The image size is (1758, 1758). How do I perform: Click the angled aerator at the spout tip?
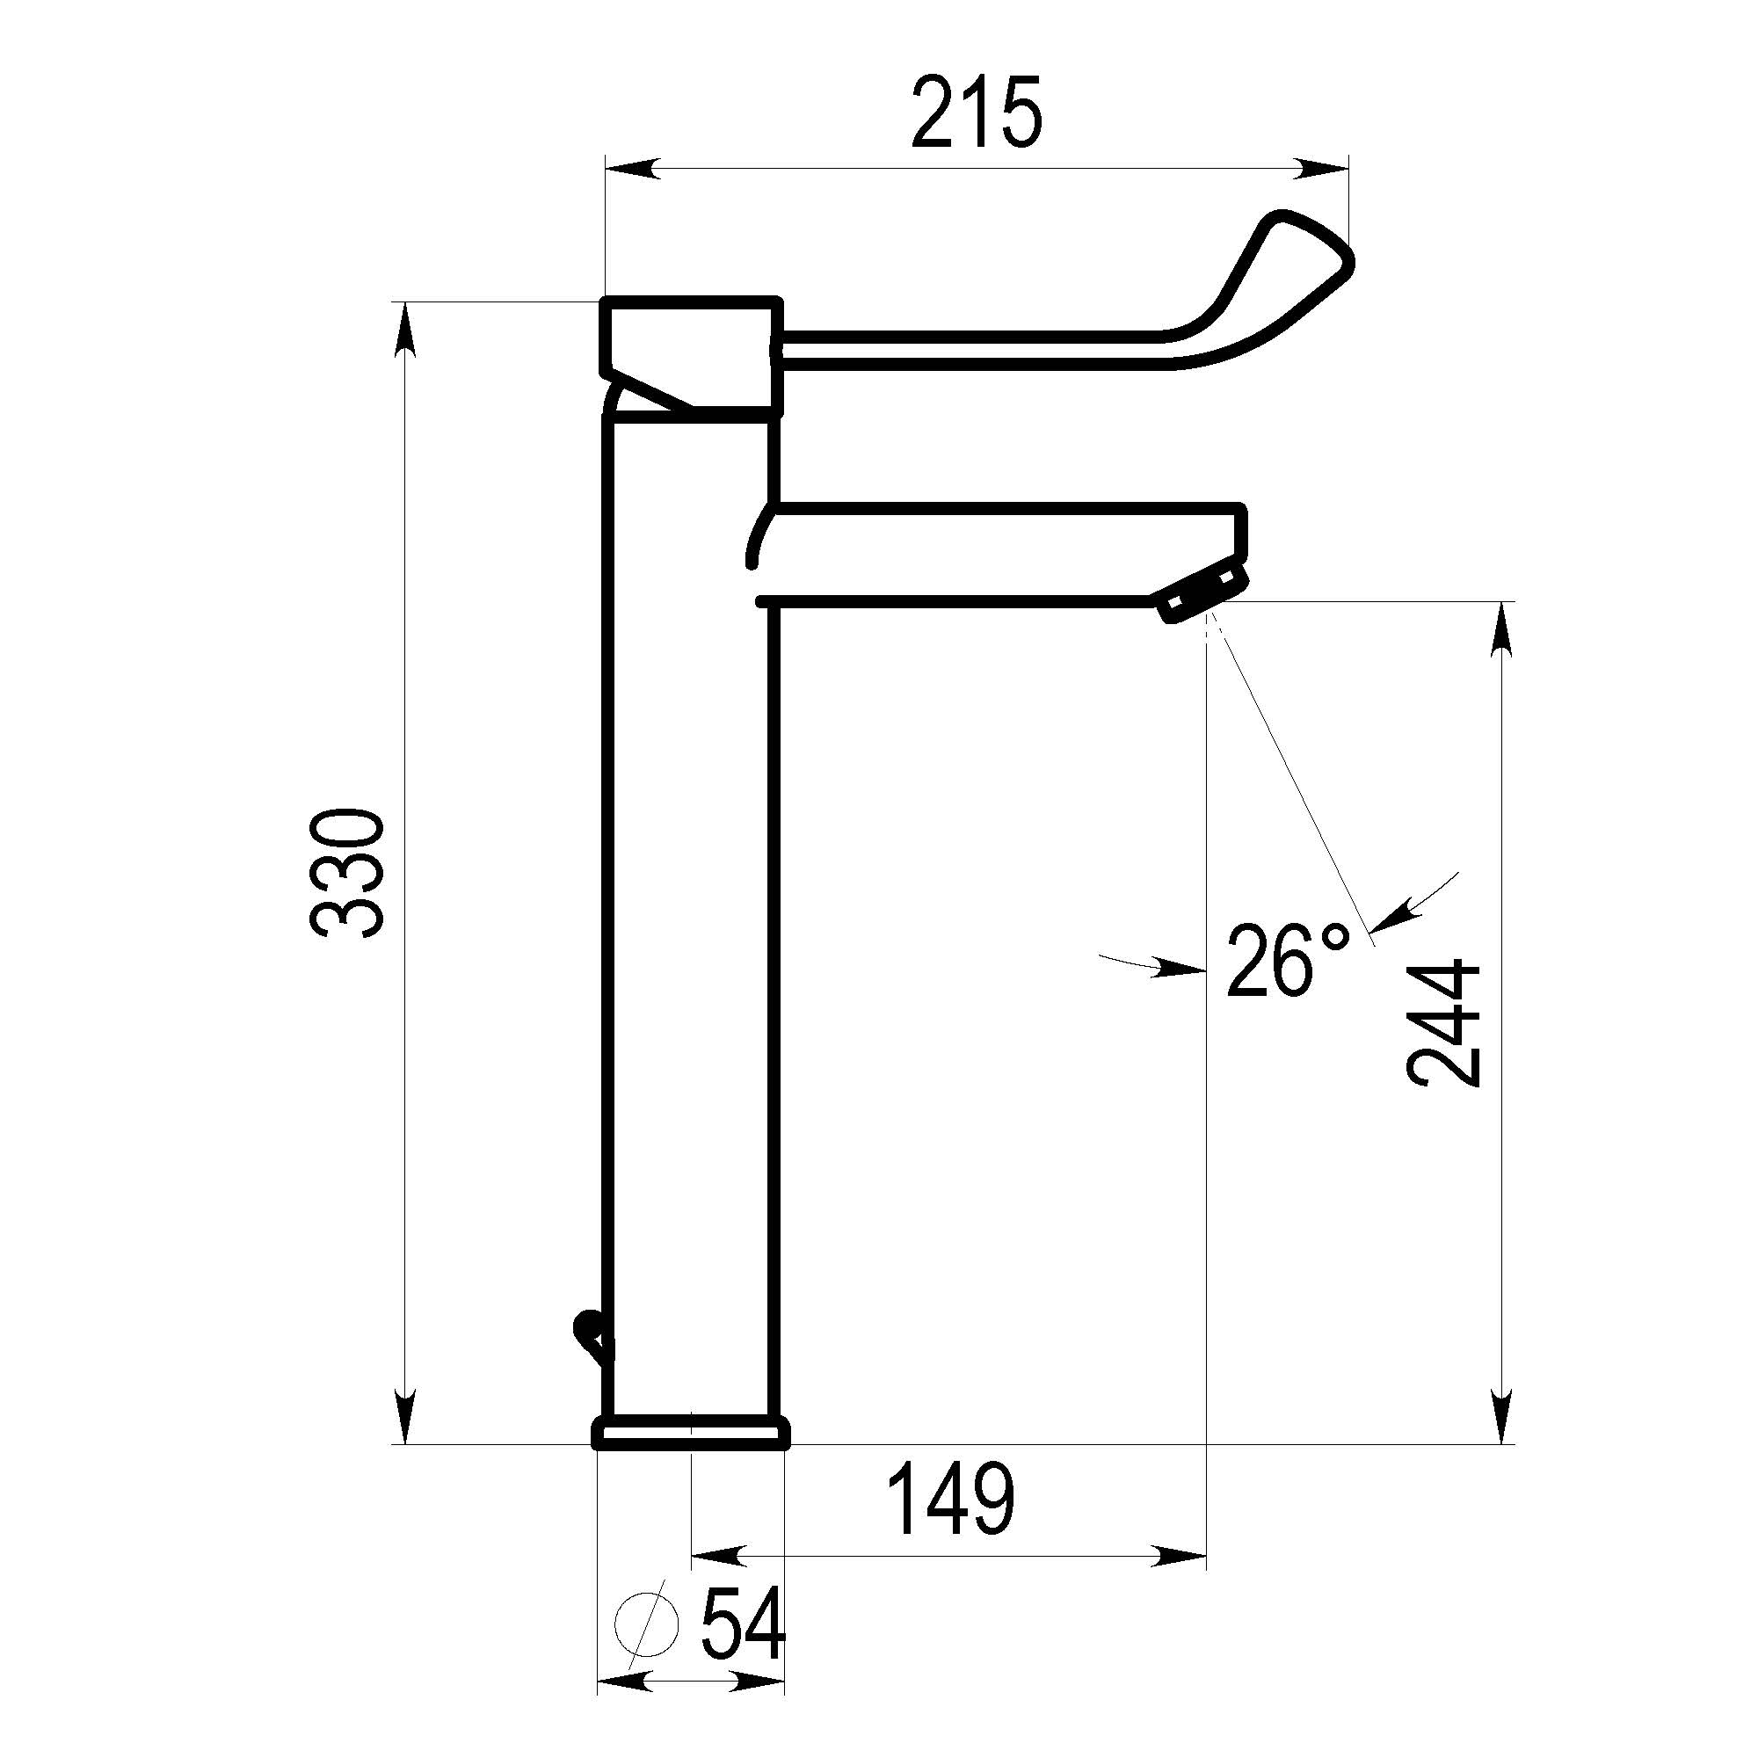[1201, 592]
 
